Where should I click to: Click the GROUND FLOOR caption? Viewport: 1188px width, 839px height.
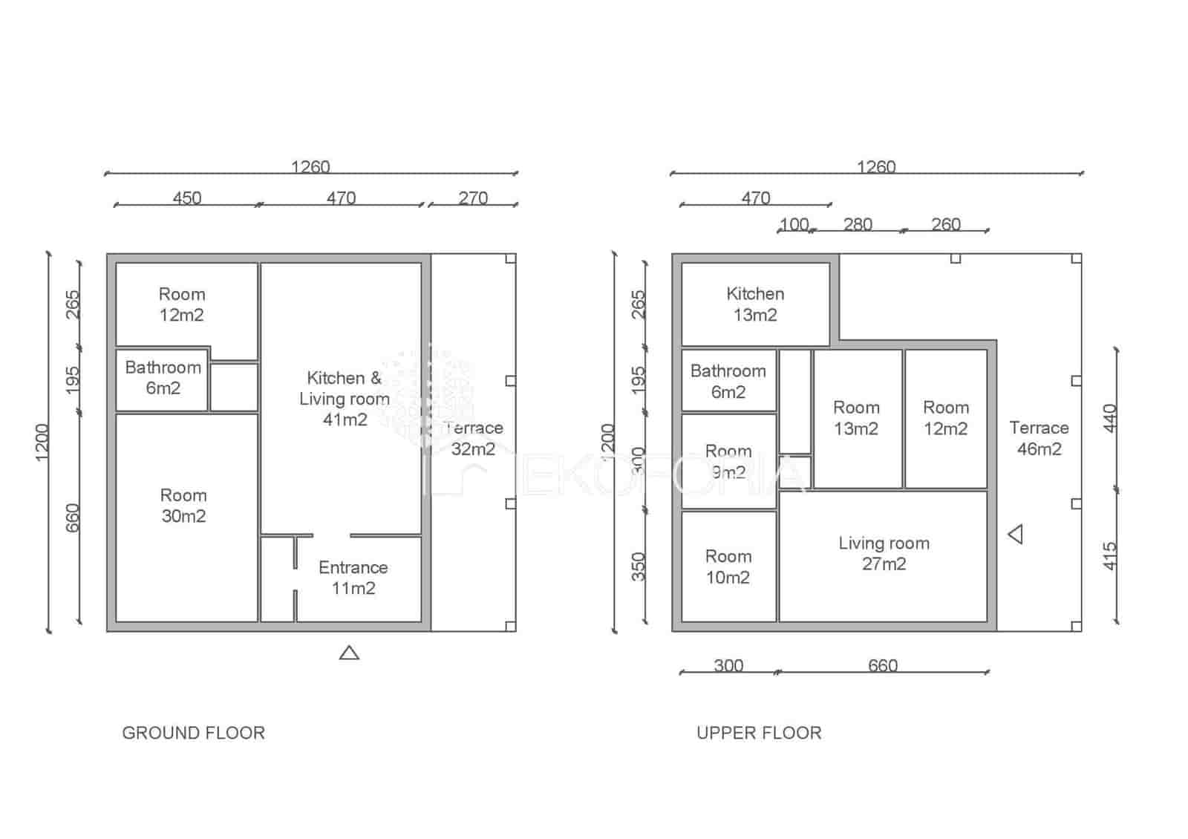pyautogui.click(x=193, y=733)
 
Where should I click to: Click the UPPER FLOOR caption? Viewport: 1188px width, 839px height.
pyautogui.click(x=759, y=733)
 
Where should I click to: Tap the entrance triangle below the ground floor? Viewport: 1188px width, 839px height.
pyautogui.click(x=349, y=653)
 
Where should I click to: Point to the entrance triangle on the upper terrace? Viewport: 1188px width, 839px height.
pyautogui.click(x=1016, y=534)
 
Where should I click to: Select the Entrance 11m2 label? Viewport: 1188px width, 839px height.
pyautogui.click(x=353, y=578)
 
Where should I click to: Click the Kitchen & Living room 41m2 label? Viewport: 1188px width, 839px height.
pyautogui.click(x=344, y=399)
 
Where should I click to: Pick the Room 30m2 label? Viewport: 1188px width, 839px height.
pyautogui.click(x=183, y=506)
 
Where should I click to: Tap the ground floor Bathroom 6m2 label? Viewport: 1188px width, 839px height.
pyautogui.click(x=163, y=377)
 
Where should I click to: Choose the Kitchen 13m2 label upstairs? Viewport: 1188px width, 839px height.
pyautogui.click(x=755, y=304)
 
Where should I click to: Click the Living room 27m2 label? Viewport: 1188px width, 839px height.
pyautogui.click(x=884, y=553)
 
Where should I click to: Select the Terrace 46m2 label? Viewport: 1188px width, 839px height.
pyautogui.click(x=1039, y=438)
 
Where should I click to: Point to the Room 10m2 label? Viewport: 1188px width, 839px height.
pyautogui.click(x=728, y=567)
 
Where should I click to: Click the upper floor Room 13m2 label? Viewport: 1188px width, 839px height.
pyautogui.click(x=856, y=417)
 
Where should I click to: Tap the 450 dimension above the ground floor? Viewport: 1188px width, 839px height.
pyautogui.click(x=186, y=197)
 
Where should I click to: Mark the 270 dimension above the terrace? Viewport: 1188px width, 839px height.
pyautogui.click(x=473, y=197)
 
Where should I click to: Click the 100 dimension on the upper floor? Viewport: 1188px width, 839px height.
pyautogui.click(x=794, y=224)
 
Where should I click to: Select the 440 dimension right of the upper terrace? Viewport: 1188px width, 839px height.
pyautogui.click(x=1110, y=418)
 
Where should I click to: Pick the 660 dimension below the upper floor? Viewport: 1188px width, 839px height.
pyautogui.click(x=883, y=665)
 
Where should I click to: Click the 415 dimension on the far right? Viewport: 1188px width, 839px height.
pyautogui.click(x=1110, y=555)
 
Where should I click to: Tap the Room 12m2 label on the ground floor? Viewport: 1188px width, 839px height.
pyautogui.click(x=182, y=304)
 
